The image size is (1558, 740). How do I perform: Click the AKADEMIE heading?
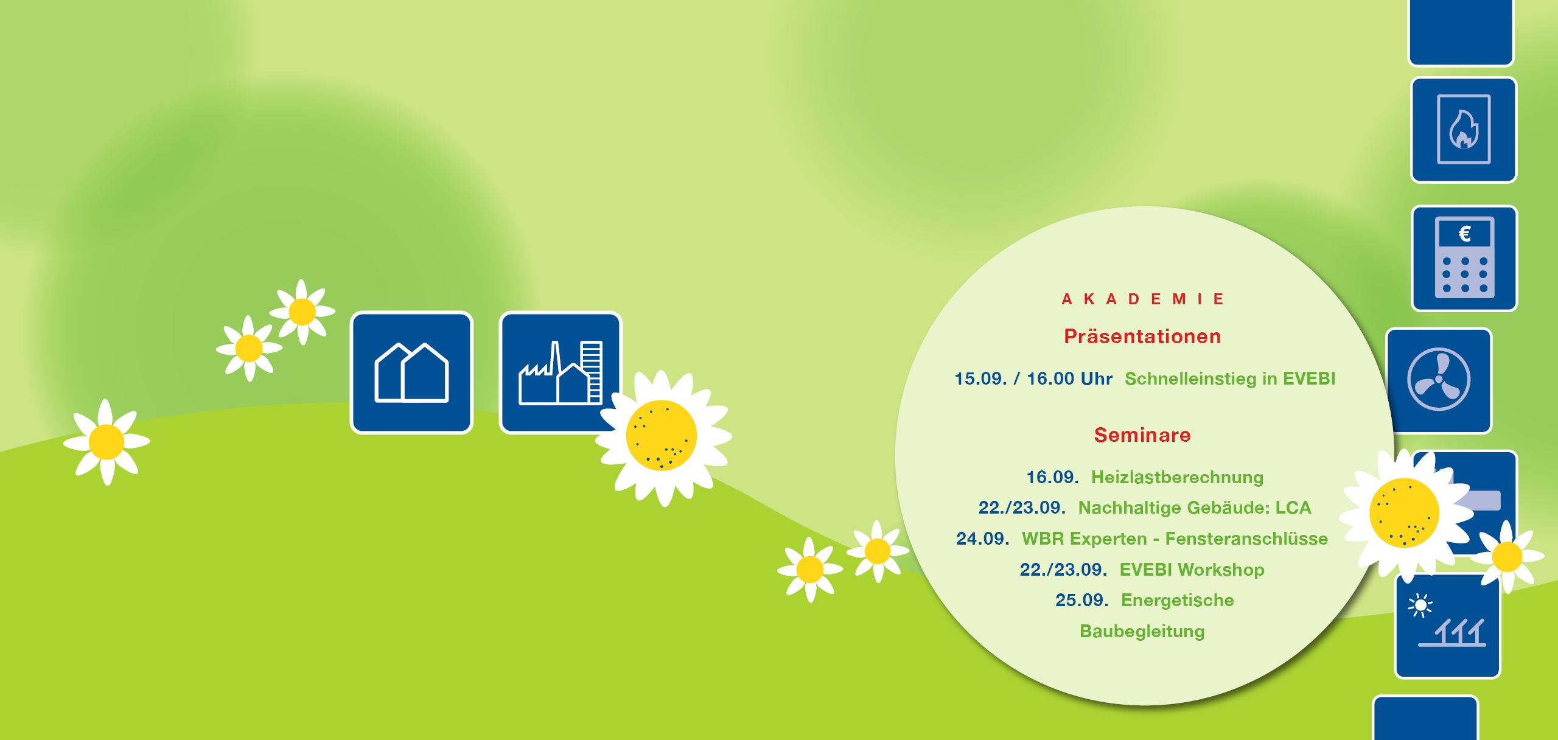click(x=1142, y=299)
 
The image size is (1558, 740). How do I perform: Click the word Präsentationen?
click(x=1142, y=337)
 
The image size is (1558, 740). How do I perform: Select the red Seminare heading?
click(x=1142, y=435)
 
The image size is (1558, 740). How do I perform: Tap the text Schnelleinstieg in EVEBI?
click(x=1230, y=379)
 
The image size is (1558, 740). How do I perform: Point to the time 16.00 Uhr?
click(x=1069, y=379)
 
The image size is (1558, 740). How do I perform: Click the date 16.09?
click(x=1052, y=477)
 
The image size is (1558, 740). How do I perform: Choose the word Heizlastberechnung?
click(x=1177, y=477)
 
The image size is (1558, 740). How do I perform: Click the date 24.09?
click(x=982, y=539)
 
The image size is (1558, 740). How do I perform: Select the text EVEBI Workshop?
click(x=1192, y=570)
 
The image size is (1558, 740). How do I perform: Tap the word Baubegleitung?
click(x=1142, y=631)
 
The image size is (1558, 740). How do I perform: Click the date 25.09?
click(x=1081, y=600)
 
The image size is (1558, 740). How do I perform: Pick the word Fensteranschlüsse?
click(x=1246, y=539)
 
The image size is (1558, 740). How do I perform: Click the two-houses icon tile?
click(x=411, y=372)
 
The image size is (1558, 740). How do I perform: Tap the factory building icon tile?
click(x=560, y=372)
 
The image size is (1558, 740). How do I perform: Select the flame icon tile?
click(x=1464, y=130)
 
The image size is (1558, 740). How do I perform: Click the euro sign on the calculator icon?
click(x=1464, y=234)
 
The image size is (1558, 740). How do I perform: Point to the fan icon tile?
click(x=1439, y=380)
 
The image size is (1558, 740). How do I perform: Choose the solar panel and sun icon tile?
click(x=1447, y=626)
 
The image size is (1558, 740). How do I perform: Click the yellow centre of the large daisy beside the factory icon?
click(x=662, y=435)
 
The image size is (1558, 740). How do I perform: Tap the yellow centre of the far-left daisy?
click(x=107, y=442)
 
